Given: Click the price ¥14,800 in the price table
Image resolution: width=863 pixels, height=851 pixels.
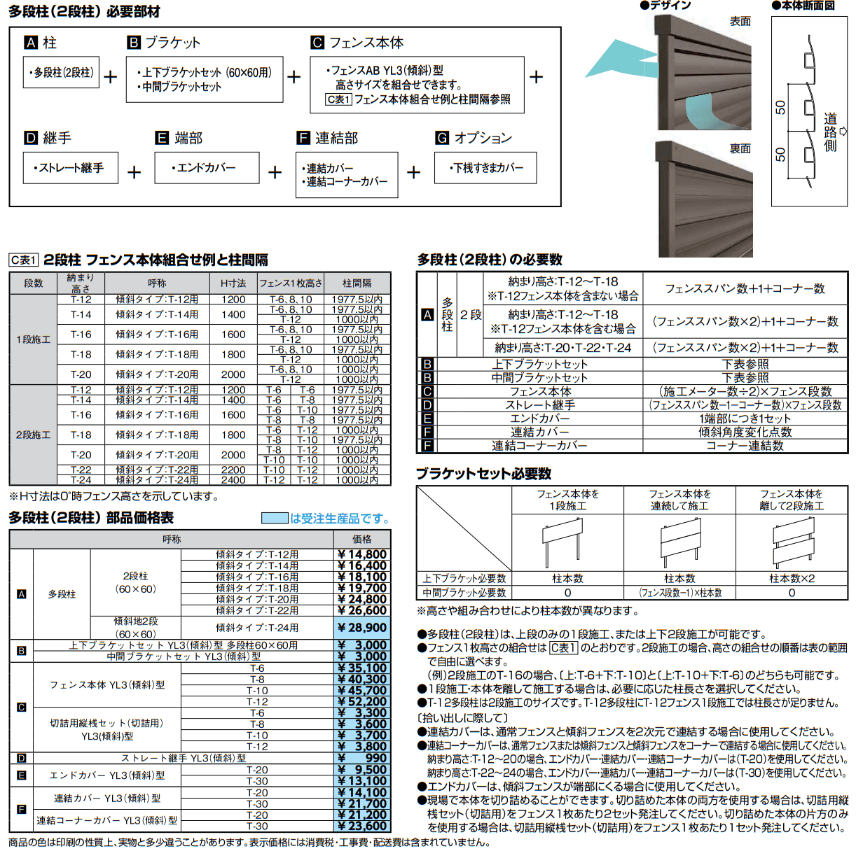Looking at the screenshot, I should (362, 554).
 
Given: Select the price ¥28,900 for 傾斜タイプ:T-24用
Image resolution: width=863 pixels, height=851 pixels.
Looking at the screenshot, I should (362, 628).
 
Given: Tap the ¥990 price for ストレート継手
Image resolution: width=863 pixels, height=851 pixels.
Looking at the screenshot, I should (362, 758).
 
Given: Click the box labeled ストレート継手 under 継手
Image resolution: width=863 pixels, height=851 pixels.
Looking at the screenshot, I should (70, 168).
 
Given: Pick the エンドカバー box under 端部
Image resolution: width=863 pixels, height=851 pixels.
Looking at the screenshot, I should (207, 168).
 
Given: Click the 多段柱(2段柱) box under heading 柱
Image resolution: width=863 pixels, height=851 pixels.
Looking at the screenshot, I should (61, 72).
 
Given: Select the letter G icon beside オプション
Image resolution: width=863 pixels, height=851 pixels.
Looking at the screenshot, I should (442, 138).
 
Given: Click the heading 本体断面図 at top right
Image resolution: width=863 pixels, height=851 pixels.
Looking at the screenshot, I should (808, 6).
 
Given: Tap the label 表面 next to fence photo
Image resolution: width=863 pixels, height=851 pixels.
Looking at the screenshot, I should (740, 22).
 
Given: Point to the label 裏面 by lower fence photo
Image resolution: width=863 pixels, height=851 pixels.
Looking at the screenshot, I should (740, 148).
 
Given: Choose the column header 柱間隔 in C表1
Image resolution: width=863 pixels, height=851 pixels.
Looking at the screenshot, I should (357, 283).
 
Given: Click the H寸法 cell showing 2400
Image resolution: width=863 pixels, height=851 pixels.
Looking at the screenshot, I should (233, 480).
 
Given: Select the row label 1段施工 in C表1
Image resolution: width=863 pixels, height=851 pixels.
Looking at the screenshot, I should (33, 339).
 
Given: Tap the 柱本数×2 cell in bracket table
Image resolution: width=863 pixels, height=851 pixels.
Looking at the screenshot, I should (792, 579).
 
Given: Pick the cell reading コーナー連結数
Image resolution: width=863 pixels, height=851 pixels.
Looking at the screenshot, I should (745, 446).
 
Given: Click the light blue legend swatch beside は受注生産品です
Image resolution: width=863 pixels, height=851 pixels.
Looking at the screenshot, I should (275, 518).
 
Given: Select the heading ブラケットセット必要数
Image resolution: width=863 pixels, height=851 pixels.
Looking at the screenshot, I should (483, 474).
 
